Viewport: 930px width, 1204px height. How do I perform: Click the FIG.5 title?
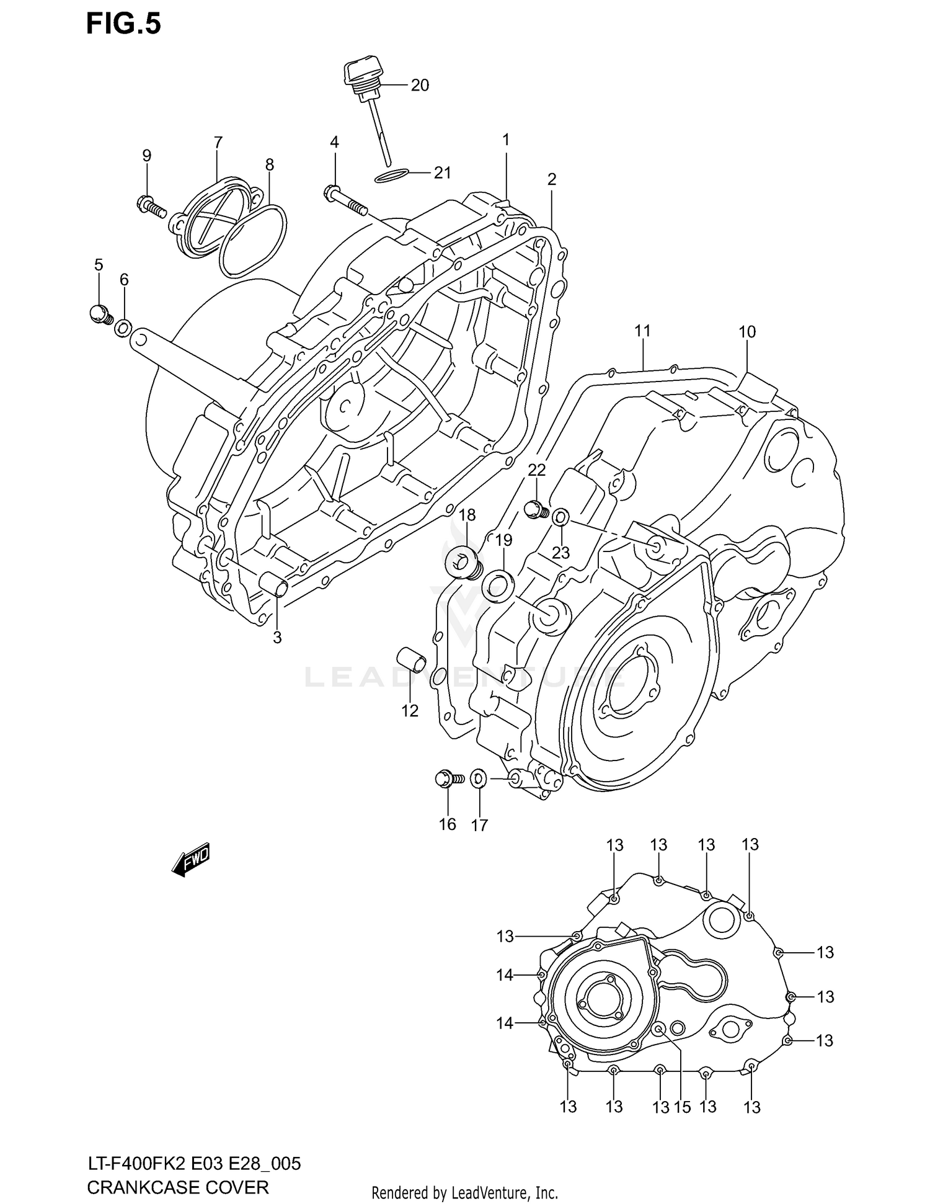pyautogui.click(x=123, y=24)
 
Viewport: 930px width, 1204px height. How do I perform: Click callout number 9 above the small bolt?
pyautogui.click(x=146, y=156)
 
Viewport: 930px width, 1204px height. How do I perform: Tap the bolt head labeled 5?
pyautogui.click(x=100, y=314)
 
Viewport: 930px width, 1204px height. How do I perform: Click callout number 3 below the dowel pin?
pyautogui.click(x=277, y=637)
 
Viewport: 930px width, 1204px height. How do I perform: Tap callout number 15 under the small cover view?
pyautogui.click(x=682, y=1107)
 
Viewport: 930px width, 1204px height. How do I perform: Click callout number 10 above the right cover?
pyautogui.click(x=747, y=332)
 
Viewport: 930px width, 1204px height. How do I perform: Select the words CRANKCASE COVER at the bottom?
pyautogui.click(x=178, y=1187)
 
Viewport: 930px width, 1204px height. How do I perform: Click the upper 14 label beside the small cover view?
pyautogui.click(x=505, y=975)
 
